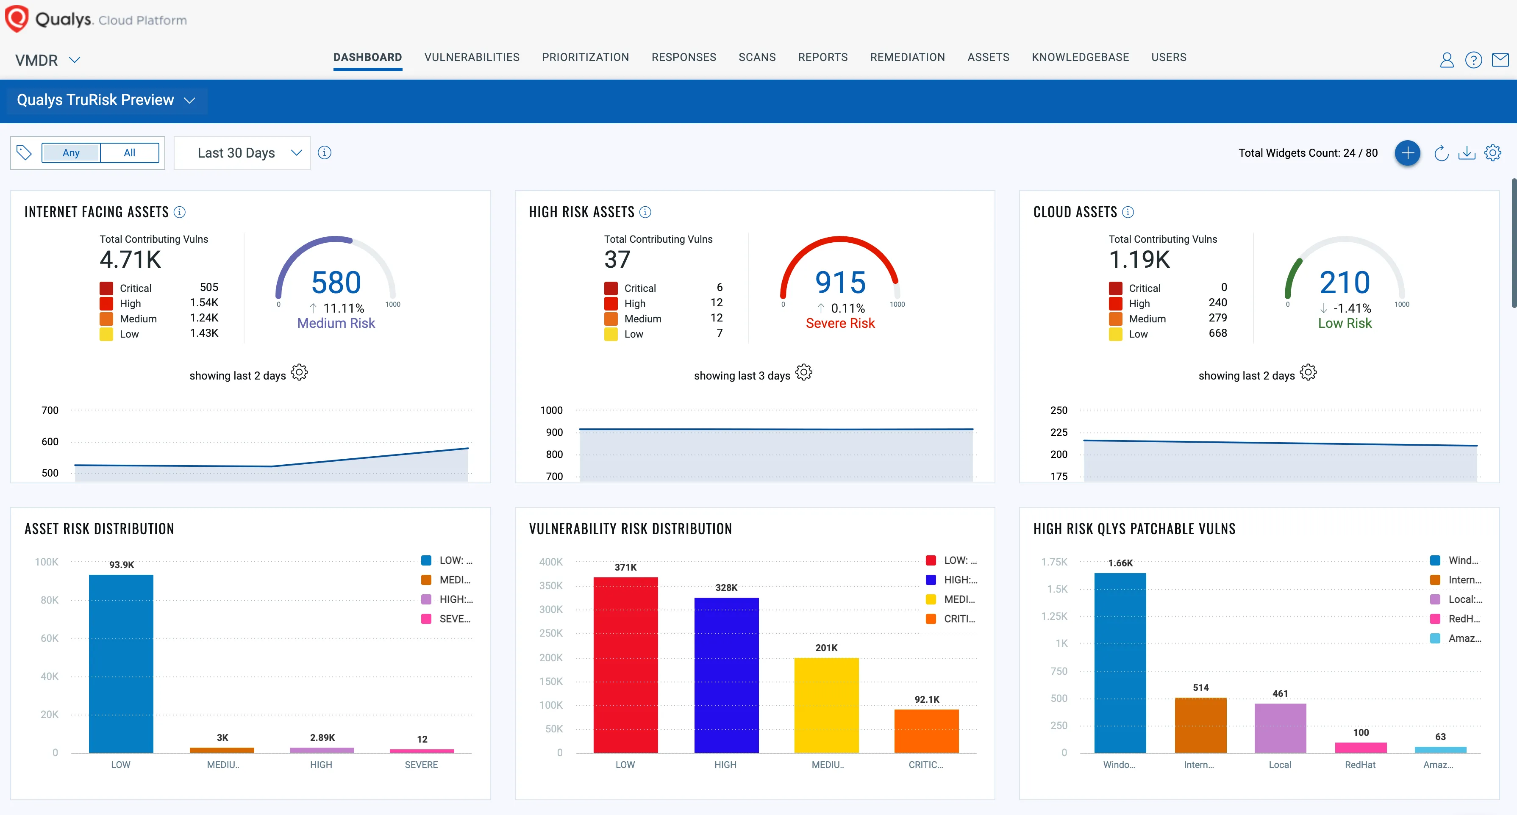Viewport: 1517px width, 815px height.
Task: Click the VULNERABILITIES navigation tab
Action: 472,57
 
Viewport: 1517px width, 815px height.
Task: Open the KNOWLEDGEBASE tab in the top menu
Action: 1080,57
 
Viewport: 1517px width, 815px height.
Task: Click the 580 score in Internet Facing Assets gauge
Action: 336,283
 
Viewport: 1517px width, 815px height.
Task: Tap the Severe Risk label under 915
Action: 840,323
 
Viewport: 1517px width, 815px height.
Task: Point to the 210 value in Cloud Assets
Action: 1345,283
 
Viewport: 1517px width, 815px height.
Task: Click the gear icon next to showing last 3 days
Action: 804,373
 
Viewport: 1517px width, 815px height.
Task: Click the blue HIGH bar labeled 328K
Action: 726,674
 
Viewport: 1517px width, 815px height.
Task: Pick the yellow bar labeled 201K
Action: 826,704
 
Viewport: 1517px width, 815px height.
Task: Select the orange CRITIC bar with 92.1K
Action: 926,730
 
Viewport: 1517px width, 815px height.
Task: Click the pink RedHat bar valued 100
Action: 1360,747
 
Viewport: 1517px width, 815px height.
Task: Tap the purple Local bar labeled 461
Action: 1280,727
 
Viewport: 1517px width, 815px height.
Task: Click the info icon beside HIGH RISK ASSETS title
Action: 645,212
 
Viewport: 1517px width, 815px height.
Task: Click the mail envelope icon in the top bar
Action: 1500,59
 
